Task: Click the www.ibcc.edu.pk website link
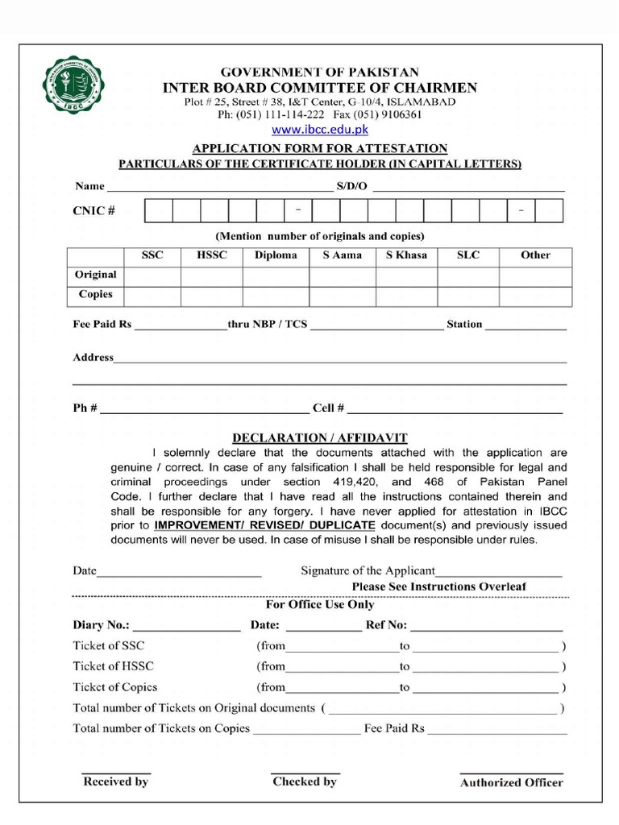tap(320, 129)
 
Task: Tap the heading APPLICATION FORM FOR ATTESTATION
tap(319, 148)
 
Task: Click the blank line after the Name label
tap(218, 189)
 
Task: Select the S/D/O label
tap(351, 186)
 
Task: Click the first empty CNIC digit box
tap(159, 211)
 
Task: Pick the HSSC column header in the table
tap(212, 255)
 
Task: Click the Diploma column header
tap(276, 255)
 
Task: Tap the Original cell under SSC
tap(152, 276)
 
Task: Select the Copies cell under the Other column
tap(535, 296)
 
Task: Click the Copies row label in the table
tap(96, 295)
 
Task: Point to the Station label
tap(464, 325)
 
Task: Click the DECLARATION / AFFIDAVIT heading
tap(320, 438)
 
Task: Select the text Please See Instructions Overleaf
tap(438, 587)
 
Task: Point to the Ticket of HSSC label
tap(113, 666)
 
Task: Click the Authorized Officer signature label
tap(511, 782)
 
